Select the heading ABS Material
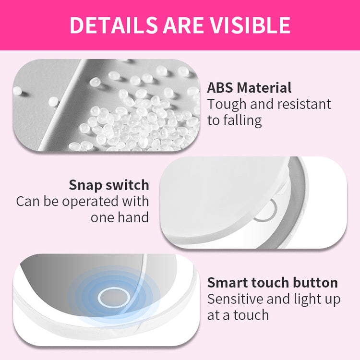point(249,88)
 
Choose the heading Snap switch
point(109,185)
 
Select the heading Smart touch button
point(272,282)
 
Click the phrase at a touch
point(238,314)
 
